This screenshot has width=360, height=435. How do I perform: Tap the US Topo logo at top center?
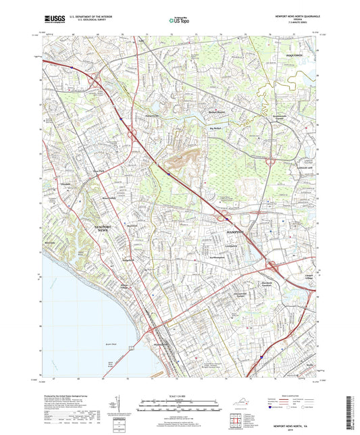[177, 21]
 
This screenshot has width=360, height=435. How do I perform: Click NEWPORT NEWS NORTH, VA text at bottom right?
[295, 426]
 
